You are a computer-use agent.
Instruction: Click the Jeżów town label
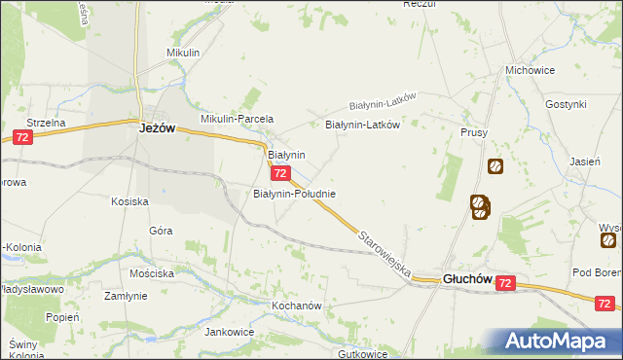[x=156, y=126]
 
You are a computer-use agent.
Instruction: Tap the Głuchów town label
[x=466, y=278]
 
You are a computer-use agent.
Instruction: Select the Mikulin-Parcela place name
[x=237, y=119]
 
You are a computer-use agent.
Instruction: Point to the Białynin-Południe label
[x=294, y=194]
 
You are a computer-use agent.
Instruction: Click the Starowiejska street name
[x=384, y=251]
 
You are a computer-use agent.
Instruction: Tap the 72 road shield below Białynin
[x=279, y=173]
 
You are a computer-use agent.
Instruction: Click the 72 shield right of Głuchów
[x=504, y=282]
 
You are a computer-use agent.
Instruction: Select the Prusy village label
[x=474, y=132]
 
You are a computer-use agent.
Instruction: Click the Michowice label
[x=530, y=71]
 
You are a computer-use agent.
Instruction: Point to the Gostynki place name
[x=566, y=104]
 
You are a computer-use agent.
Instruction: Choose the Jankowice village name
[x=230, y=332]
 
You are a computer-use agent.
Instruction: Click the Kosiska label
[x=129, y=201]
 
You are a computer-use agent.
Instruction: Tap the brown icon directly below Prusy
[x=495, y=166]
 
